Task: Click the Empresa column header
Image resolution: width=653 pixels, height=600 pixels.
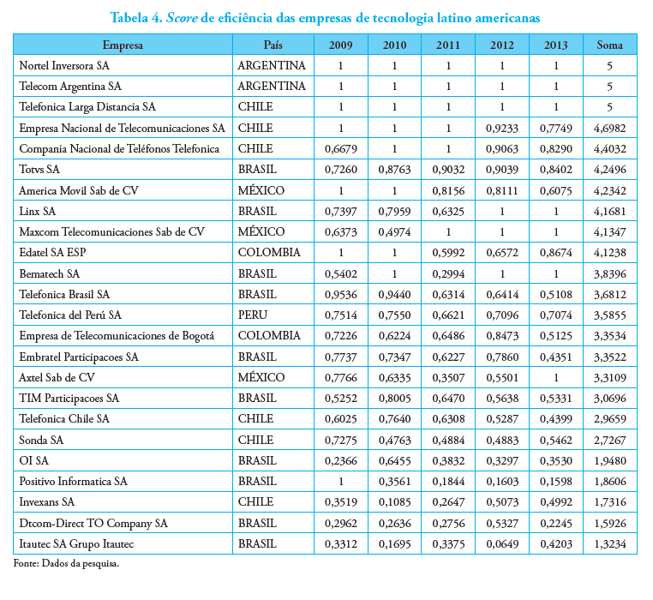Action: point(123,44)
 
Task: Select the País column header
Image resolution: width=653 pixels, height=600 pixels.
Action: point(272,44)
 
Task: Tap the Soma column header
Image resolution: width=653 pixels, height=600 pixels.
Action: point(609,44)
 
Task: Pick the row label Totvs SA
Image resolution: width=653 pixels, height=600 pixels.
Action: point(39,169)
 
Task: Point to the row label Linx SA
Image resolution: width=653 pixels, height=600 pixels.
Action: point(38,211)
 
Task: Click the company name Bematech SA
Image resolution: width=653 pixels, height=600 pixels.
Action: point(49,273)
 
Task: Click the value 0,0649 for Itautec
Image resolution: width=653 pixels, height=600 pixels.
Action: point(502,543)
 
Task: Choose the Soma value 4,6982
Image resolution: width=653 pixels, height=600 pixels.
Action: point(609,128)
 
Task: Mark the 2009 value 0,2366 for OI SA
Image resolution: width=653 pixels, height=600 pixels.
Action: point(341,460)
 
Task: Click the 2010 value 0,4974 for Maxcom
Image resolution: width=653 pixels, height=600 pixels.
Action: point(395,231)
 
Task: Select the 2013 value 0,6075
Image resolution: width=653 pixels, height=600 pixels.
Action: point(556,190)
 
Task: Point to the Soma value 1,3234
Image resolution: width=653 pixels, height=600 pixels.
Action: point(609,543)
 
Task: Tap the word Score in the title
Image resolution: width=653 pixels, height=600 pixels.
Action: point(194,16)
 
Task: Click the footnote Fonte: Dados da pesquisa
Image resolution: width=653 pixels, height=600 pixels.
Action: point(66,564)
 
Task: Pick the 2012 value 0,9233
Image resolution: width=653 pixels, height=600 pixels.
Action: point(502,128)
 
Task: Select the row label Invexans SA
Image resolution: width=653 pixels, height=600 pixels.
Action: point(47,502)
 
